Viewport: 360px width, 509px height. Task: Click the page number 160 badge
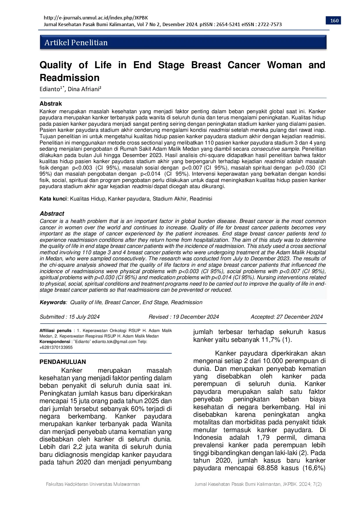pyautogui.click(x=334, y=21)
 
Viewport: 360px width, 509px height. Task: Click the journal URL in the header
pyautogui.click(x=96, y=18)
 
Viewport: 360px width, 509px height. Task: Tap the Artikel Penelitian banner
pyautogui.click(x=183, y=43)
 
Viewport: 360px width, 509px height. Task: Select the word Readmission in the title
pyautogui.click(x=69, y=78)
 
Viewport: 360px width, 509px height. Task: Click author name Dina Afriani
pyautogui.click(x=84, y=89)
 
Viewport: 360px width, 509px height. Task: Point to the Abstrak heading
pyautogui.click(x=51, y=104)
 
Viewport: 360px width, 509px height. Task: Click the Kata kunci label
pyautogui.click(x=53, y=199)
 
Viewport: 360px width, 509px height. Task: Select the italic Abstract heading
pyautogui.click(x=52, y=214)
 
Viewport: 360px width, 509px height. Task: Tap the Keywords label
pyautogui.click(x=53, y=302)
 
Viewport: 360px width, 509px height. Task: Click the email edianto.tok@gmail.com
pyautogui.click(x=114, y=342)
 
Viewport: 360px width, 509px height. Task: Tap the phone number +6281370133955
pyautogui.click(x=56, y=347)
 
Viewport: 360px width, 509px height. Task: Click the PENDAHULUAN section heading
pyautogui.click(x=63, y=362)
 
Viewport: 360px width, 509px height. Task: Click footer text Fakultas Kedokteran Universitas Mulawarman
pyautogui.click(x=93, y=484)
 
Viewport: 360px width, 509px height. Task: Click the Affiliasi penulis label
pyautogui.click(x=55, y=331)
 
